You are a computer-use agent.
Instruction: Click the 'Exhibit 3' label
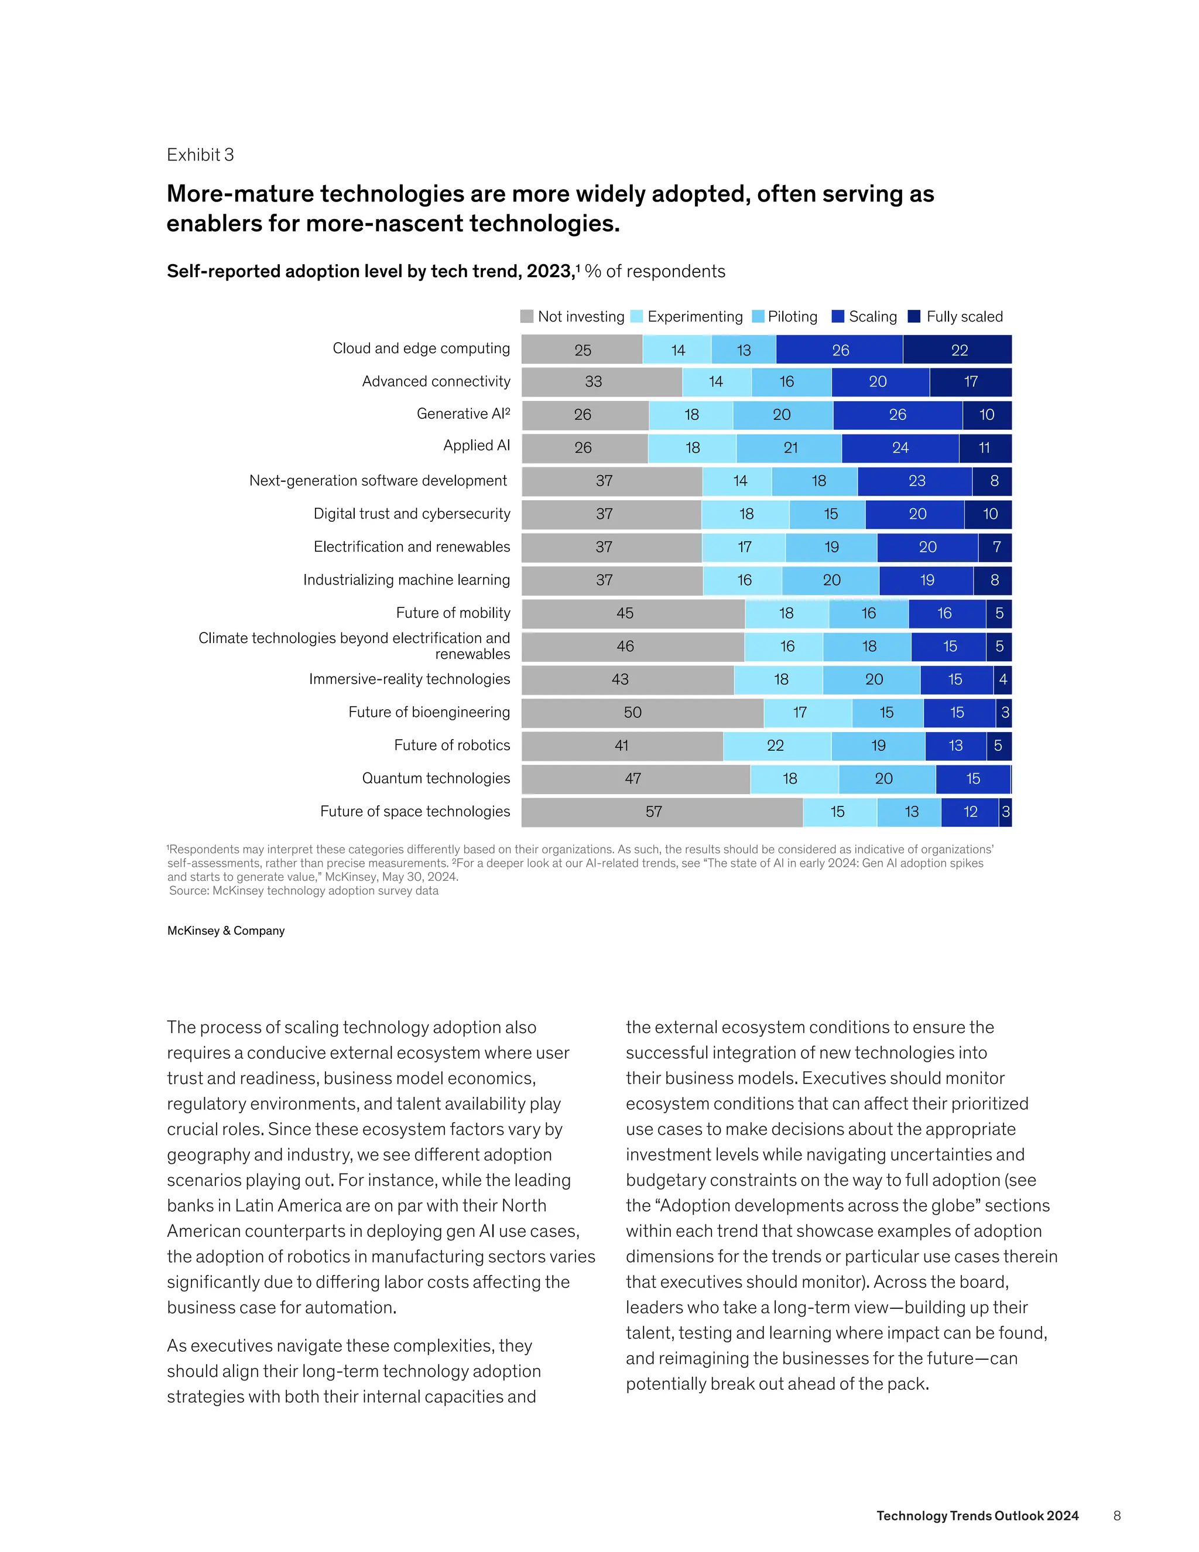pos(200,155)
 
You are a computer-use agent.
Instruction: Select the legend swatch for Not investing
pos(526,316)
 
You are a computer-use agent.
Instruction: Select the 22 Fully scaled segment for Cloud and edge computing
pos(958,350)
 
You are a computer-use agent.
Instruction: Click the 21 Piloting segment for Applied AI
pos(789,447)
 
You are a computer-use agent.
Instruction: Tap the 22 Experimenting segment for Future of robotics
pos(776,746)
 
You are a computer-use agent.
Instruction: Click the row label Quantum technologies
pos(436,778)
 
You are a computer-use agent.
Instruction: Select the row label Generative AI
pos(463,413)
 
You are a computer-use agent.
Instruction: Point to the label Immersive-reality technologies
pos(409,679)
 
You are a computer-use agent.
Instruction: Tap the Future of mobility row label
pos(453,613)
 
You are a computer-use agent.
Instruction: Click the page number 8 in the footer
pos(1116,1516)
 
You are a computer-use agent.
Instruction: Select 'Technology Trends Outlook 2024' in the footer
pos(977,1516)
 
